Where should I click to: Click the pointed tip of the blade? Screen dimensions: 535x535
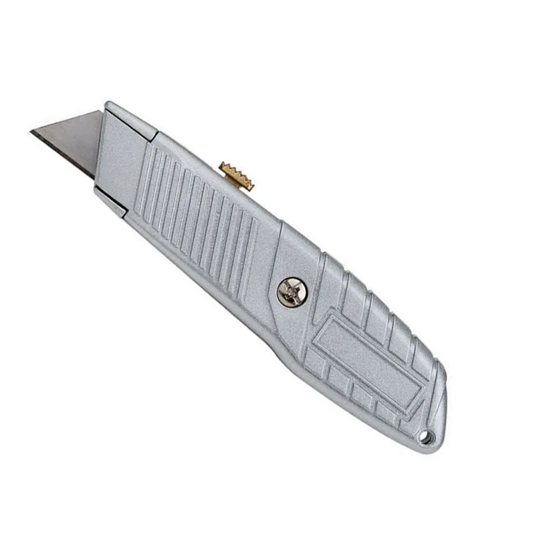pyautogui.click(x=31, y=132)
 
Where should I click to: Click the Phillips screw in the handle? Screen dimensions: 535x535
pyautogui.click(x=292, y=292)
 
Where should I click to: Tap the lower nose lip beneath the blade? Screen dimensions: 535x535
pyautogui.click(x=110, y=201)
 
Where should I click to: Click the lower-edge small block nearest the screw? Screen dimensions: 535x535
pyautogui.click(x=314, y=362)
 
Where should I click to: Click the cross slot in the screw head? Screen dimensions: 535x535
pyautogui.click(x=292, y=292)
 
